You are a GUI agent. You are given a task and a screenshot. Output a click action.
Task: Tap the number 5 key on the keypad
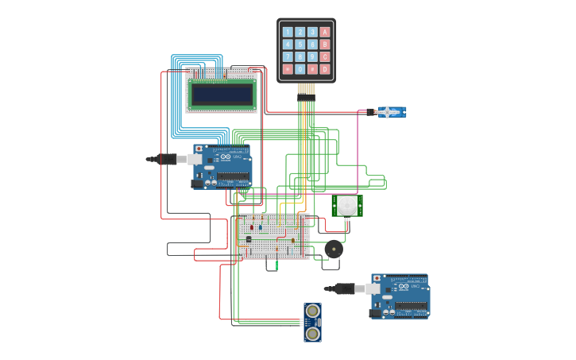click(x=300, y=45)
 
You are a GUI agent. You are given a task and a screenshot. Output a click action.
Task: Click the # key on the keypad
click(x=312, y=69)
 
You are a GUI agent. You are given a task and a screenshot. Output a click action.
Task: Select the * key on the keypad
click(x=288, y=69)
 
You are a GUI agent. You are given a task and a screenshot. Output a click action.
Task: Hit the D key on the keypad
click(x=325, y=69)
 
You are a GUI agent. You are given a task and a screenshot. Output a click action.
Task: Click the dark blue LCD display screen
click(x=222, y=95)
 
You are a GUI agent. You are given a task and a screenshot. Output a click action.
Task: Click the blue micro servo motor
click(x=390, y=112)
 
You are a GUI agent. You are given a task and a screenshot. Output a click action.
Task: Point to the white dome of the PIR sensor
click(x=347, y=206)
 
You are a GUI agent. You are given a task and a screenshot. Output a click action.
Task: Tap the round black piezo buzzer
click(x=334, y=249)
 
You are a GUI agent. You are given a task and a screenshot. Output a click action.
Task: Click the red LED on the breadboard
click(x=252, y=226)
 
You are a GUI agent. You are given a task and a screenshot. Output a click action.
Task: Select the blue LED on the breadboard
click(x=261, y=226)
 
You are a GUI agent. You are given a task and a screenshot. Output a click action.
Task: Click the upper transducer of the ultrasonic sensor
click(x=313, y=310)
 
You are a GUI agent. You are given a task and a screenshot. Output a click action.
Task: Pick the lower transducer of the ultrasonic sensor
click(x=313, y=333)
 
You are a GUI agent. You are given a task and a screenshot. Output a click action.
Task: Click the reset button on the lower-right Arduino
click(x=377, y=280)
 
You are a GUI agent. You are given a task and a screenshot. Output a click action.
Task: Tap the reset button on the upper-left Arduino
click(x=199, y=149)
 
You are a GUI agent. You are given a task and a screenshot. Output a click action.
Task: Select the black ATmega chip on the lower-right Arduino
click(x=411, y=306)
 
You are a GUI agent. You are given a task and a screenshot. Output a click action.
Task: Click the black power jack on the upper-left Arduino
click(x=196, y=184)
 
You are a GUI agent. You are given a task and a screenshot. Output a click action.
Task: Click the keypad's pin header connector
click(x=306, y=90)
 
